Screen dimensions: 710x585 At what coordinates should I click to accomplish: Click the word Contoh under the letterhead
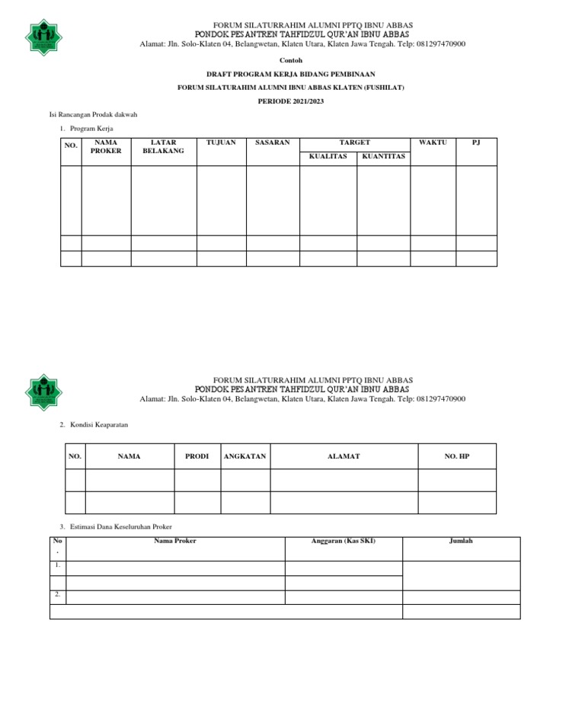(292, 59)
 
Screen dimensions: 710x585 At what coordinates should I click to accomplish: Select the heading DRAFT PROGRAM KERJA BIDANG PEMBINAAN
(292, 74)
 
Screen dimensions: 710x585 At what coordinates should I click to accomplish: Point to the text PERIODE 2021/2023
(292, 101)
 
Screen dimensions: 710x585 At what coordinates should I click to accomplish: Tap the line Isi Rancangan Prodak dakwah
(93, 114)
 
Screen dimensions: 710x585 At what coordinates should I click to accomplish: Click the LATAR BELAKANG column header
(164, 146)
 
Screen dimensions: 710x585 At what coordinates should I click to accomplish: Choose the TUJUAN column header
(221, 142)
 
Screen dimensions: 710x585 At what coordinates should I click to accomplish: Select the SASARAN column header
(272, 142)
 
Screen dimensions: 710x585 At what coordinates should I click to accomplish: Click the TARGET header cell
(354, 142)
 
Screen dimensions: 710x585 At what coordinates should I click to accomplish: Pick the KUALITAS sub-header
(328, 156)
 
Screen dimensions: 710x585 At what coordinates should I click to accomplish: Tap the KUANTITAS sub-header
(383, 156)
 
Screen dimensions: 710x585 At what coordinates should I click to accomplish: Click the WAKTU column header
(433, 142)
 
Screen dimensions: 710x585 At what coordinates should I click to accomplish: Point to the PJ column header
(476, 142)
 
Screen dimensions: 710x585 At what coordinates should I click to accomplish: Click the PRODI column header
(197, 456)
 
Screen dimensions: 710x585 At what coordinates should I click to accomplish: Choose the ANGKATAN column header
(245, 456)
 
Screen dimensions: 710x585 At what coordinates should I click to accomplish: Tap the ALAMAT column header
(344, 456)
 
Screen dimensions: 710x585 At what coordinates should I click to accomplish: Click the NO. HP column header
(457, 456)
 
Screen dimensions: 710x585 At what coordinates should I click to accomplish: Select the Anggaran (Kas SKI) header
(343, 541)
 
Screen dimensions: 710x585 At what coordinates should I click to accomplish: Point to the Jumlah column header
(461, 541)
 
